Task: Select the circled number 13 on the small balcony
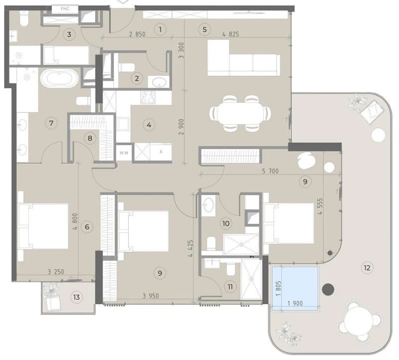click(77, 297)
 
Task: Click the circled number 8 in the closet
click(90, 138)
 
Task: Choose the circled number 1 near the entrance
click(160, 30)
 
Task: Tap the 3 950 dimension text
click(151, 296)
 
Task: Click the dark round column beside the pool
click(328, 290)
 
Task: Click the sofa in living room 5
click(243, 58)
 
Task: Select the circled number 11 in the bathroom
click(230, 286)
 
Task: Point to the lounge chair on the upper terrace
click(372, 110)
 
